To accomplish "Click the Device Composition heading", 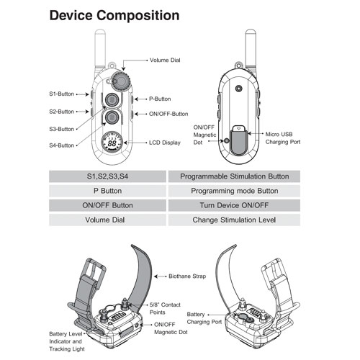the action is tap(114, 15).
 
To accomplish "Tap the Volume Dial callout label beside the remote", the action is tap(165, 60).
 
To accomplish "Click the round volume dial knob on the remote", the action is tap(121, 81).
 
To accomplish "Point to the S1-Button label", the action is tap(61, 94).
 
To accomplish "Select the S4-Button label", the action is tap(61, 145).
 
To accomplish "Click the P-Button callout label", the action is tap(160, 99).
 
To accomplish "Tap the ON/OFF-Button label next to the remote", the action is tap(168, 114).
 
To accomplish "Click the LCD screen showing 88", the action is tap(112, 143).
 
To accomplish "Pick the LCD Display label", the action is tap(165, 143).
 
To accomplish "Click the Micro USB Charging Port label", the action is tap(283, 138).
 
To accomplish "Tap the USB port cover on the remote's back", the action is tap(238, 140).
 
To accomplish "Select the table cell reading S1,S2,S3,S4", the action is tap(107, 176).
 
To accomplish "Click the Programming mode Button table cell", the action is tap(234, 191).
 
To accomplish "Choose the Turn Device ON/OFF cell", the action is tap(234, 205).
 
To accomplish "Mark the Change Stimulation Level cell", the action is tap(234, 220).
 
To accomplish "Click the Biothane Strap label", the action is tap(187, 276).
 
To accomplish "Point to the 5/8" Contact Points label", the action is tap(165, 308).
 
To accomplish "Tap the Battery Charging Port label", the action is tap(204, 318).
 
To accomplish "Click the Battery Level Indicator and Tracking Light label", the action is tap(67, 341).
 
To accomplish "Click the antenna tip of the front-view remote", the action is tap(100, 30).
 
